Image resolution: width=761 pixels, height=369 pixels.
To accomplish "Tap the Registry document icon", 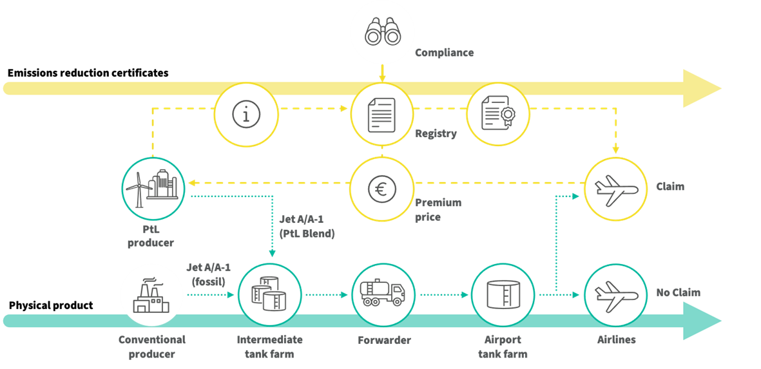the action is tap(382, 115).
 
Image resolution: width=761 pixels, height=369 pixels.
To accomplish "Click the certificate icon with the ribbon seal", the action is tap(497, 113).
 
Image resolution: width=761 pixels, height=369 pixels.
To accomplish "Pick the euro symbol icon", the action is tap(382, 187).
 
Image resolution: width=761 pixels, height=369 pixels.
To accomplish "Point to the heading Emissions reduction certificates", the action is tap(88, 73).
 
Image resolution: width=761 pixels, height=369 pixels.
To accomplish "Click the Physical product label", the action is tap(51, 306).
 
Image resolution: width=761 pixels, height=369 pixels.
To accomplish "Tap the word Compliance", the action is tap(444, 52).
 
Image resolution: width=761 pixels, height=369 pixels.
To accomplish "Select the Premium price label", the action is tap(438, 209).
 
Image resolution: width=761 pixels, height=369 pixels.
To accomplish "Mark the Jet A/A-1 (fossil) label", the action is tap(206, 274).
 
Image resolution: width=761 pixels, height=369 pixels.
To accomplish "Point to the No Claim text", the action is tap(678, 292).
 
